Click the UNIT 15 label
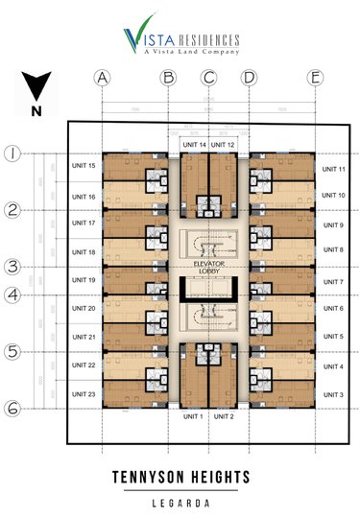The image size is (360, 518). (84, 166)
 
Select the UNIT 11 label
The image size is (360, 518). (333, 168)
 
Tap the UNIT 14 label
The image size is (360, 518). (194, 145)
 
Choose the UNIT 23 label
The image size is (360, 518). (84, 394)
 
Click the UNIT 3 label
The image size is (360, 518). (333, 394)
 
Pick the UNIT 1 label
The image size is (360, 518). (194, 416)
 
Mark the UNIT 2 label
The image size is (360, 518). (224, 416)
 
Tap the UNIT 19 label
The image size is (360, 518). (84, 280)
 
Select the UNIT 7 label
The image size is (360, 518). (333, 281)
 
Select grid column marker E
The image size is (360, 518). (314, 78)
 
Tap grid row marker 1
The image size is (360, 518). (13, 153)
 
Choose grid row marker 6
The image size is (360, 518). (13, 408)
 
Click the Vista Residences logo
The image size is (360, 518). (180, 40)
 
